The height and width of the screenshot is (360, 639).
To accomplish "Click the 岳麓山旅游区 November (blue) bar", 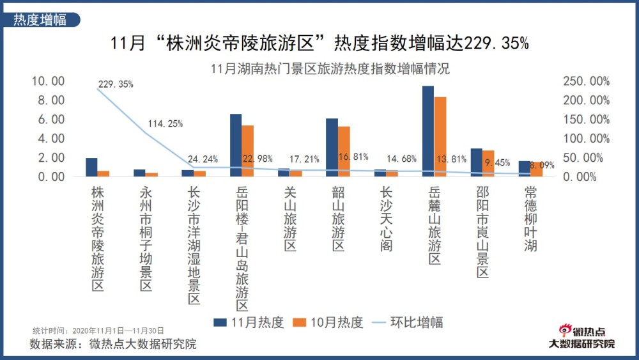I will click(427, 131).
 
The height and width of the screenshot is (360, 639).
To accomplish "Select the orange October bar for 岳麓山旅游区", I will click(440, 137).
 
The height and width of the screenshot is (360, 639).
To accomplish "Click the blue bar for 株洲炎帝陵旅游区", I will click(91, 167).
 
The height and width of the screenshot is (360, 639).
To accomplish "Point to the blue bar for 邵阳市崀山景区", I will click(476, 162).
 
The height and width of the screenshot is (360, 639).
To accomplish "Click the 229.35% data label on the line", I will click(116, 84).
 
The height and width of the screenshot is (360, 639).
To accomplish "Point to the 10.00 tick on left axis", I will click(49, 81).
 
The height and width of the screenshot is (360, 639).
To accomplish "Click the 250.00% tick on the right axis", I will click(586, 81).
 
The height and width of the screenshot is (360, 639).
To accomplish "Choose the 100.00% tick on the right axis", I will click(586, 139).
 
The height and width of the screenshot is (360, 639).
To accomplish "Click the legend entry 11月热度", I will click(249, 322).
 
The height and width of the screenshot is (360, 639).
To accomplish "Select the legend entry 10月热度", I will click(328, 322).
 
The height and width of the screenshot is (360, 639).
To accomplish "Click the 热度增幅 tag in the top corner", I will click(40, 20).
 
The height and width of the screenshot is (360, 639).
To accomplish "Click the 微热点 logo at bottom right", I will click(581, 336).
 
